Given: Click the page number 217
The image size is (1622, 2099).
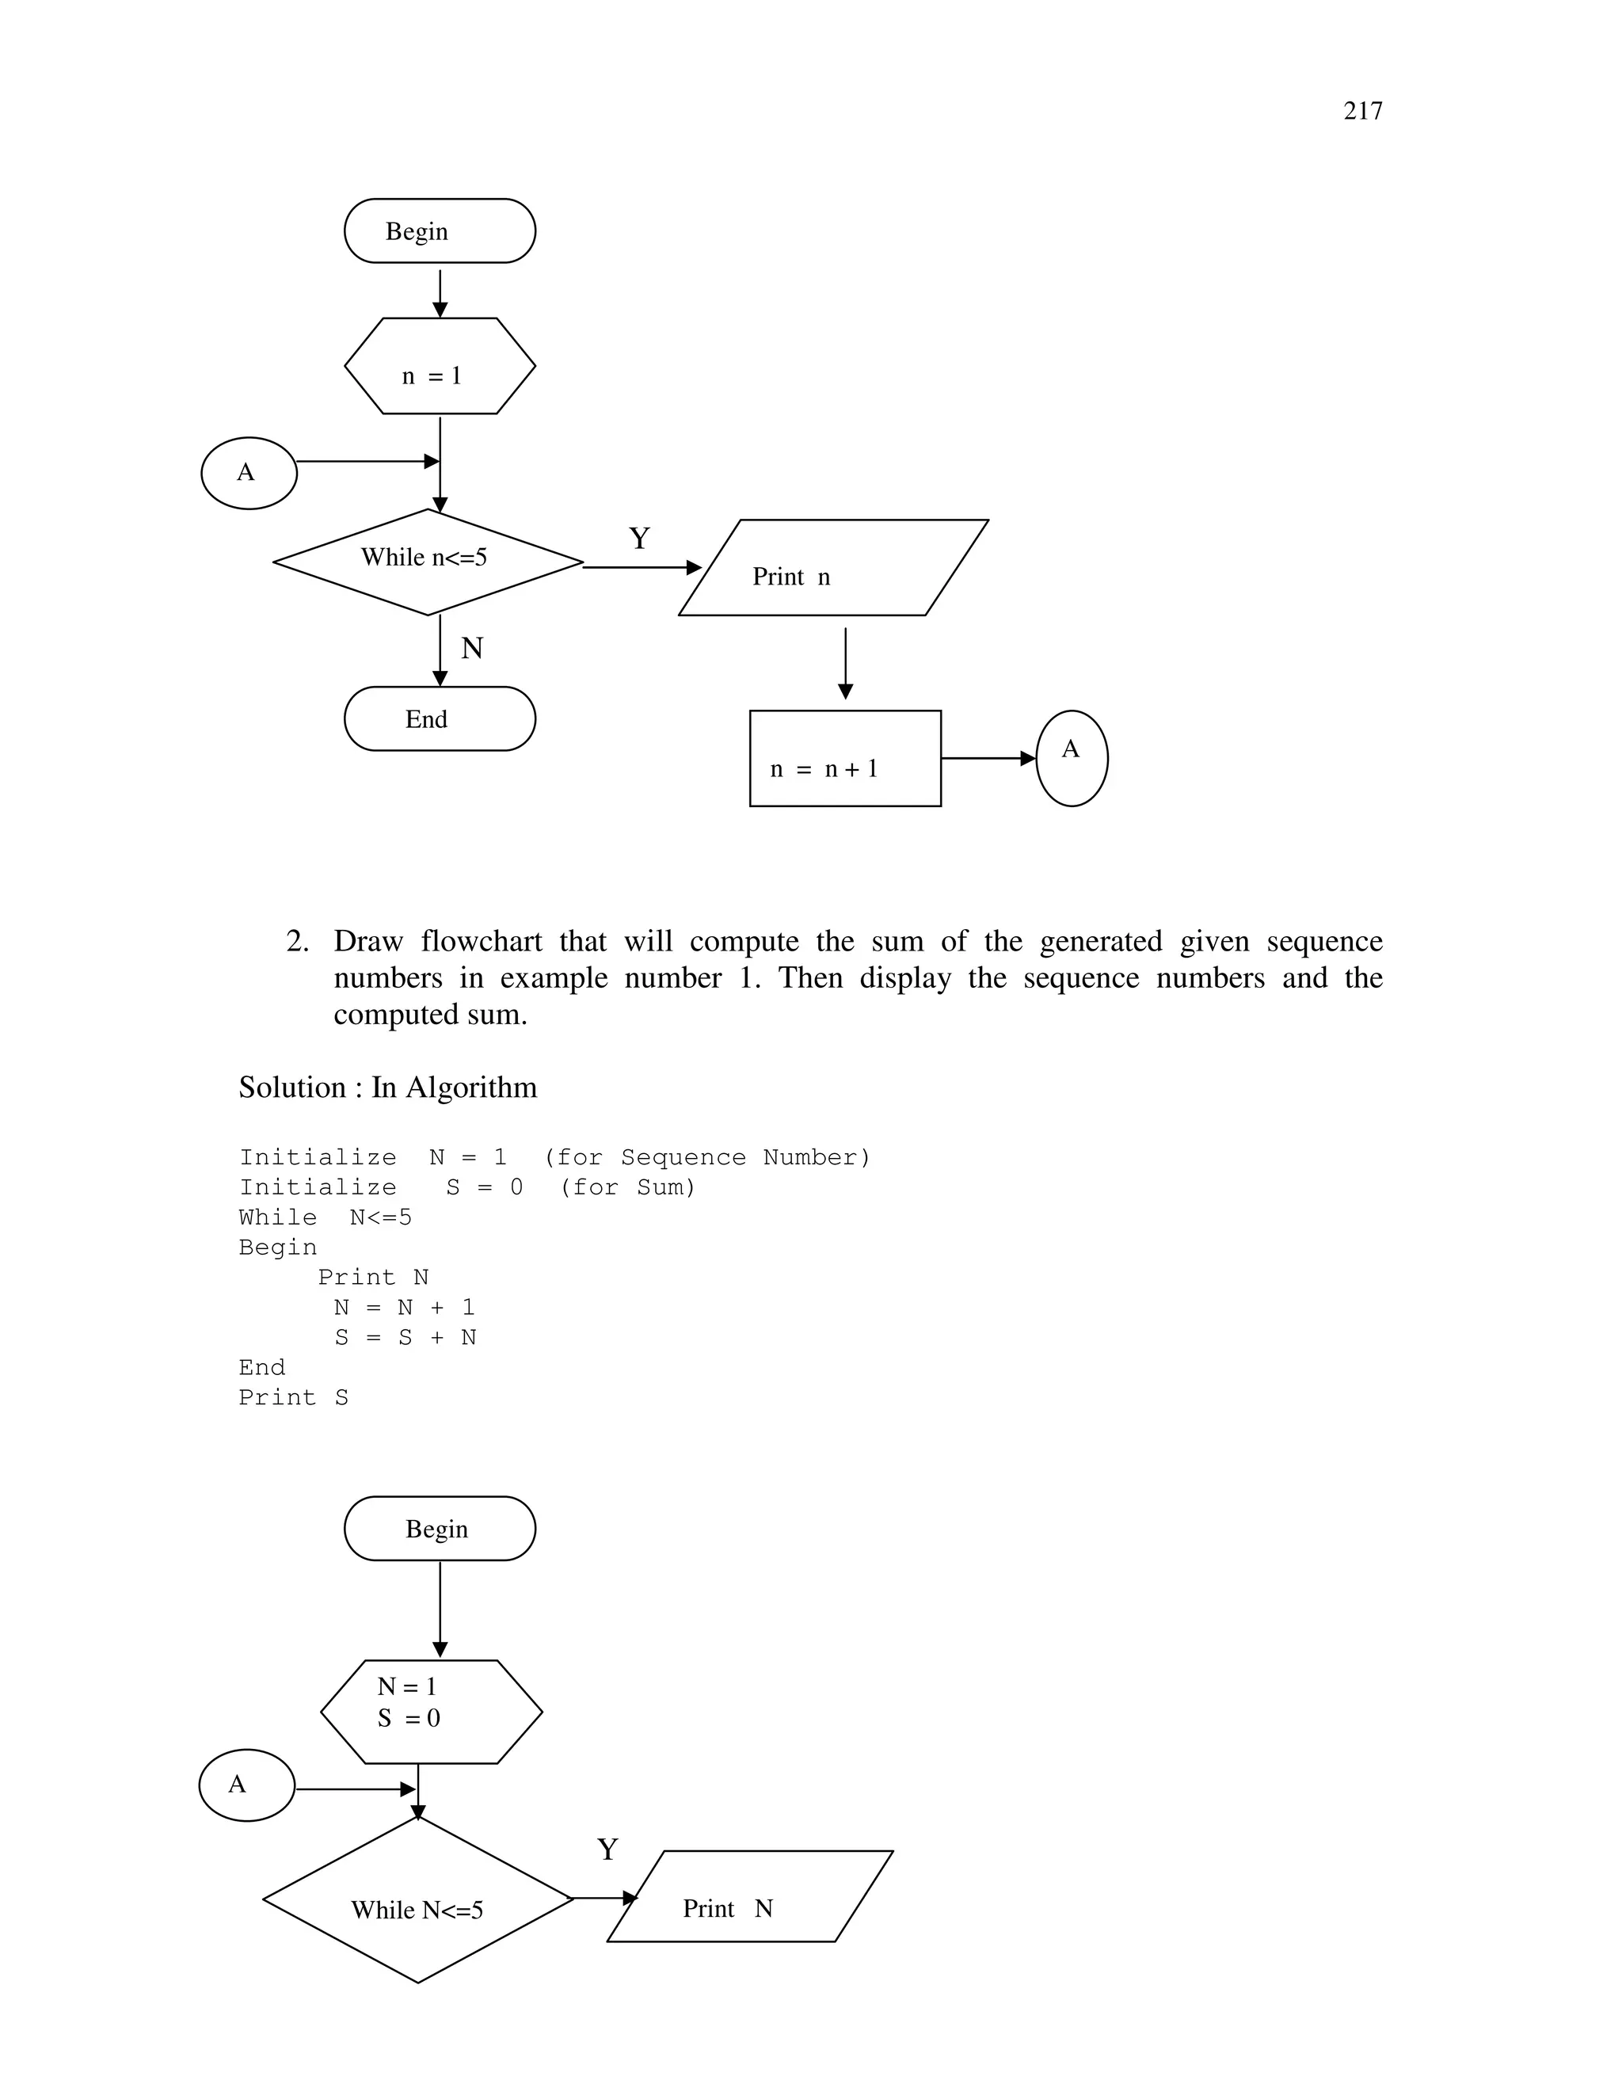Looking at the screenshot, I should click(x=1361, y=112).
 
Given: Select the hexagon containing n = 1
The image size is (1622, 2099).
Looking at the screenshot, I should click(x=439, y=366).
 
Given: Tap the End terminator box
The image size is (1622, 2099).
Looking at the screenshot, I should click(x=439, y=719).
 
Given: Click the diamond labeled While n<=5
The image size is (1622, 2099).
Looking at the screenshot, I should click(x=428, y=562).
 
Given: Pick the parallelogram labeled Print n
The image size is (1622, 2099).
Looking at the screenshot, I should click(x=833, y=568).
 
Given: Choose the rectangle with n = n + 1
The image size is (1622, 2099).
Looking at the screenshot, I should click(x=844, y=758).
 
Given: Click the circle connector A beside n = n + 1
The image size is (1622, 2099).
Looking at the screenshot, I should click(x=1072, y=758).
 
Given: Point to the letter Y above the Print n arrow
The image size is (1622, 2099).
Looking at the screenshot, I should click(x=639, y=538).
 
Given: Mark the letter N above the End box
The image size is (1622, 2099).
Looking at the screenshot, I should click(x=472, y=649).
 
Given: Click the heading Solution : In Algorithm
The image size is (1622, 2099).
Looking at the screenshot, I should click(x=387, y=1087).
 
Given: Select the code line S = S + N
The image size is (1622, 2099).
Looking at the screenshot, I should click(x=405, y=1338).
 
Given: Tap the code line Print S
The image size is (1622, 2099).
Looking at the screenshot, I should click(x=293, y=1397).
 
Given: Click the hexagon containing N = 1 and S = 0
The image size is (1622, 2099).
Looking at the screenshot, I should click(x=432, y=1712).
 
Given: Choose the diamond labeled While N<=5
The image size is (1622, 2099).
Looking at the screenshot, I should click(x=418, y=1910).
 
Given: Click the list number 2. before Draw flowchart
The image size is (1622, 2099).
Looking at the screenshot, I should click(x=297, y=941).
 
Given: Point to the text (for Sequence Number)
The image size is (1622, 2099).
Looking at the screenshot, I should click(x=706, y=1157).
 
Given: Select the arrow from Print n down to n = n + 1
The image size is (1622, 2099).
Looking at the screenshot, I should click(x=844, y=663).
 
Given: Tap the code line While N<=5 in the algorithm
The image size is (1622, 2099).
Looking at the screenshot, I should click(x=325, y=1217).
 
